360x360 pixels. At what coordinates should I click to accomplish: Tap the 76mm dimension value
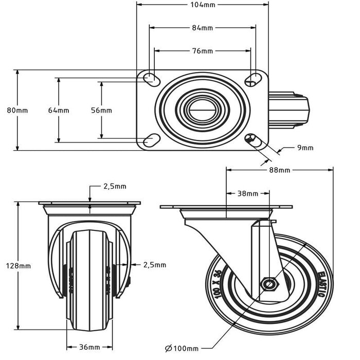(203, 51)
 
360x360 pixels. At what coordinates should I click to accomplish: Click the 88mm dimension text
(279, 170)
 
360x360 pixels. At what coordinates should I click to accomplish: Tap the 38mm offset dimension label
(248, 194)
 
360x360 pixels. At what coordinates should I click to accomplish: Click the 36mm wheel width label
(89, 348)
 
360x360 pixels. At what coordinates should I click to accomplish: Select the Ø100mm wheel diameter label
(182, 349)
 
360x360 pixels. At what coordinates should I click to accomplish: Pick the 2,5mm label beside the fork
(154, 265)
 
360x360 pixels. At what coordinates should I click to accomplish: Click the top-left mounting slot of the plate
(151, 79)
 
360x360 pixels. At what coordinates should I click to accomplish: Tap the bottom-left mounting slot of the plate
(151, 139)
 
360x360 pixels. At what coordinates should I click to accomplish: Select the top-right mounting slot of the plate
(253, 78)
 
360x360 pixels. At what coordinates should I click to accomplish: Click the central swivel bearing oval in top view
(202, 109)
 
